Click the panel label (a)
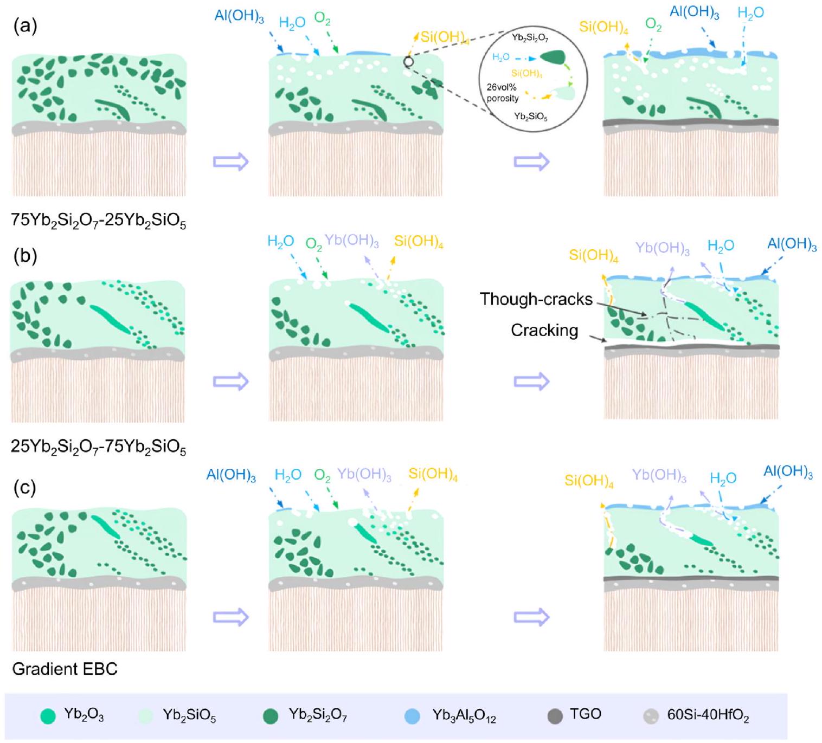[x=24, y=26]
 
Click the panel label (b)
[x=25, y=255]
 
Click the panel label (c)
[x=24, y=487]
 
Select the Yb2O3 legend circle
[x=48, y=716]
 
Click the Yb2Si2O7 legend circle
[x=271, y=716]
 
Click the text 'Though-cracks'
[x=535, y=299]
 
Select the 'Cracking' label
[x=544, y=330]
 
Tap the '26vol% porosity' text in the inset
[x=503, y=93]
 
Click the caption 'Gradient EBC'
[x=65, y=669]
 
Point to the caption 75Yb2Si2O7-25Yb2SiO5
[x=98, y=220]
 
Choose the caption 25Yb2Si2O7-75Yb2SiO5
[x=98, y=448]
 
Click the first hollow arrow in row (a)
[x=230, y=161]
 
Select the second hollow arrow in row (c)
[x=531, y=617]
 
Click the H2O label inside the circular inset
[x=500, y=57]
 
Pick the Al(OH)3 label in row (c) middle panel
[x=231, y=475]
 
